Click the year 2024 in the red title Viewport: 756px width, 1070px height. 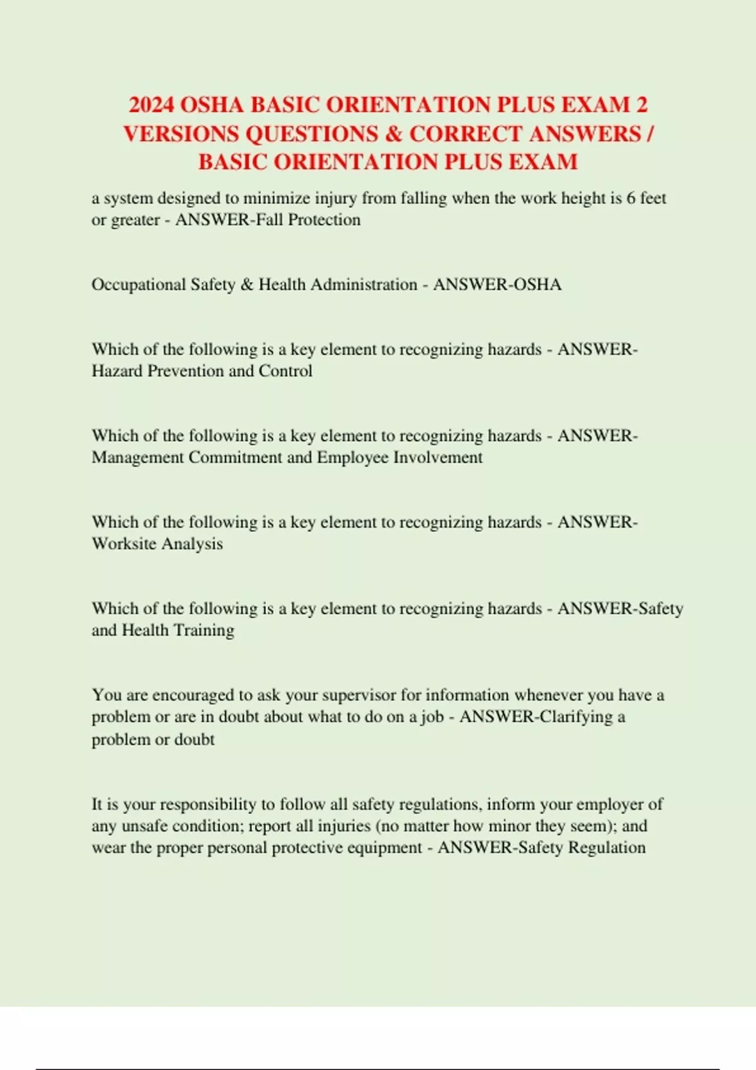(x=152, y=104)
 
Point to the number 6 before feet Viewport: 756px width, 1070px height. (x=631, y=198)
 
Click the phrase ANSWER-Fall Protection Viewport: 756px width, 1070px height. (x=268, y=220)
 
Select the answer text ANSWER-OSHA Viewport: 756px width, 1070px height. (x=497, y=284)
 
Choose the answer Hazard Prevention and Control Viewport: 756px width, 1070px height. (x=202, y=371)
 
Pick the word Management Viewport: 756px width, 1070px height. (x=137, y=457)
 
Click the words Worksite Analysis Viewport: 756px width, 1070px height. (x=157, y=543)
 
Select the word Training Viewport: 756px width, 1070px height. (x=203, y=630)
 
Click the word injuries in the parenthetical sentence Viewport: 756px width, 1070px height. (x=343, y=825)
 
